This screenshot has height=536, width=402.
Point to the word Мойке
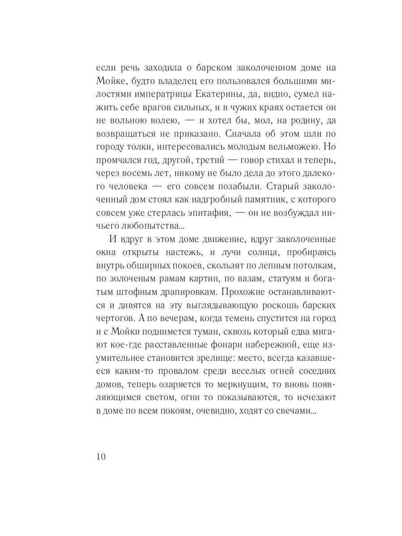(x=109, y=81)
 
